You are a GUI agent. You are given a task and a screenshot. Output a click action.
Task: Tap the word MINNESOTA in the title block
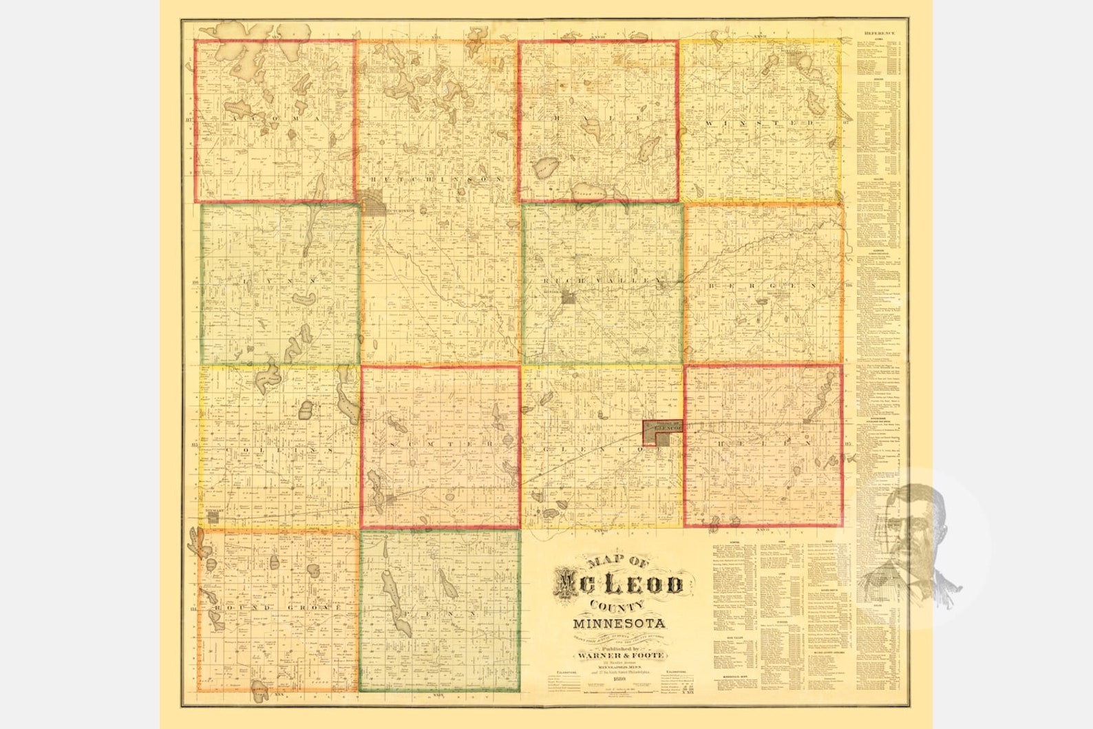point(618,624)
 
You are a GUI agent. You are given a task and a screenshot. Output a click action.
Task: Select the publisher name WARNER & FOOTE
point(618,657)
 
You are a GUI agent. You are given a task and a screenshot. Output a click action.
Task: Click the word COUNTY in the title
point(617,606)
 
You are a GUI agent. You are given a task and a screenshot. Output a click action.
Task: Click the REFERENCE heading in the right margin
point(880,33)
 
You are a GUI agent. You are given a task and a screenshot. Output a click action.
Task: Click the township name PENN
point(438,611)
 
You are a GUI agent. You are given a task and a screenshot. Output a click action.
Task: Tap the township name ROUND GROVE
point(277,609)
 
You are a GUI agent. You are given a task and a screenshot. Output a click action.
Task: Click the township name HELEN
point(763,444)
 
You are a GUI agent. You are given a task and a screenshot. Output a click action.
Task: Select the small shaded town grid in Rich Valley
point(569,298)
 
